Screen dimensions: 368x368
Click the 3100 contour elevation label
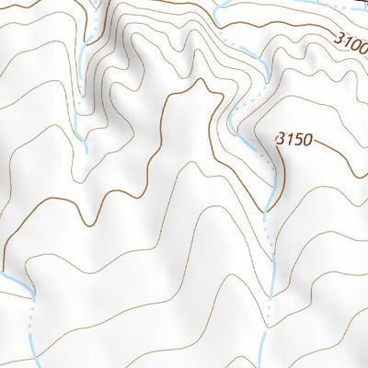click(351, 42)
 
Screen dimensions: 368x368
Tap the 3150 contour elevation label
click(294, 139)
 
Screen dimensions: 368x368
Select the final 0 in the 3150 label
click(307, 140)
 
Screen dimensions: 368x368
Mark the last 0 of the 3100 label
click(362, 47)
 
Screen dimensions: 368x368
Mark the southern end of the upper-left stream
click(86, 147)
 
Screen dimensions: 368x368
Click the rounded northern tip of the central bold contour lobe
click(198, 86)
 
